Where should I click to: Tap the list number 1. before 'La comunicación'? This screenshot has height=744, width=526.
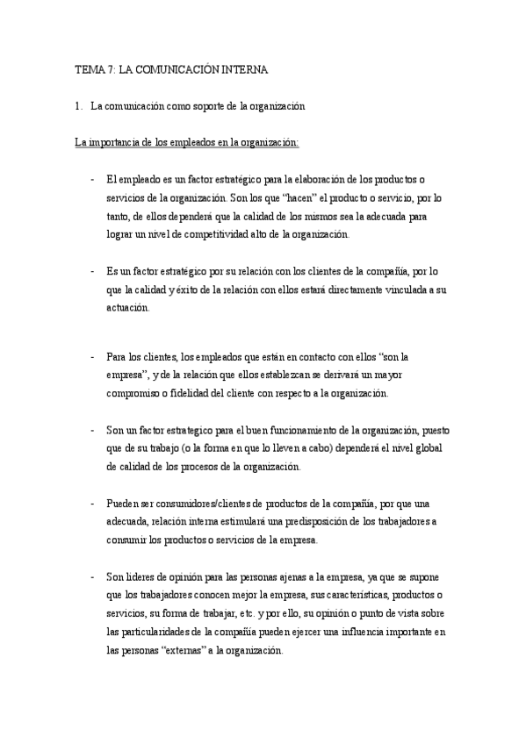(x=79, y=106)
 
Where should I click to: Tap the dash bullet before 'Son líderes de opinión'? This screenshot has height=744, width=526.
(x=94, y=577)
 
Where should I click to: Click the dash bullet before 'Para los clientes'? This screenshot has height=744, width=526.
(x=94, y=357)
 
